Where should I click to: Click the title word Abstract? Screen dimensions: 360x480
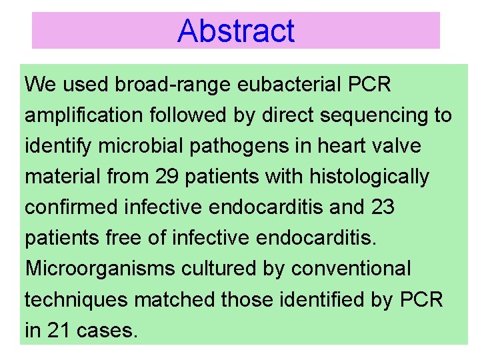[236, 31]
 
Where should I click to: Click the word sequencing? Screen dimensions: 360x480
[375, 116]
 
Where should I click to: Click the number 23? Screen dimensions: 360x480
[381, 208]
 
